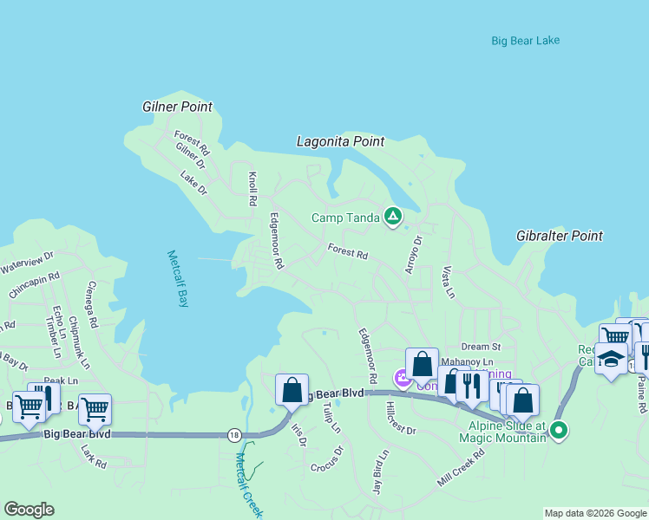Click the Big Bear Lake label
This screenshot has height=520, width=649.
[525, 41]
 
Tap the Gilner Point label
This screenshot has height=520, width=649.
[177, 107]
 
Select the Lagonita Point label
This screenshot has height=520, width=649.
[340, 140]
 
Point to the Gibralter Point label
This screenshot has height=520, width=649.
[560, 236]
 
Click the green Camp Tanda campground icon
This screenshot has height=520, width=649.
[393, 217]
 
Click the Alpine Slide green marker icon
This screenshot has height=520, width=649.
[560, 429]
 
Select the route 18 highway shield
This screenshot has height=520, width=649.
[233, 434]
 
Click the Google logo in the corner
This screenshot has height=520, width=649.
[29, 510]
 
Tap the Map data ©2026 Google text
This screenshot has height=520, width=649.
[594, 513]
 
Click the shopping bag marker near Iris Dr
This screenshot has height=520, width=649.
[292, 389]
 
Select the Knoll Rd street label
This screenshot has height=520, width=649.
[252, 188]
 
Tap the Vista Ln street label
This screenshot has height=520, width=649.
[448, 283]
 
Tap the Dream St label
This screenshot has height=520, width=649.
[481, 347]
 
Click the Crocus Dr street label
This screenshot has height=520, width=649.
[327, 460]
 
